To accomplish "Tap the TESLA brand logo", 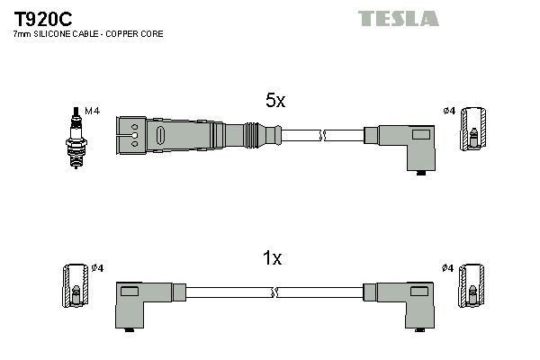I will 398,18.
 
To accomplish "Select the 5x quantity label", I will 275,102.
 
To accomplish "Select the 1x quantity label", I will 272,259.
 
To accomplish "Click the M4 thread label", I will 91,111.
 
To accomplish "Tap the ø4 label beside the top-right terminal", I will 449,111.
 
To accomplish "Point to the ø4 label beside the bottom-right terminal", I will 449,268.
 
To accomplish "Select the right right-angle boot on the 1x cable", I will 403,302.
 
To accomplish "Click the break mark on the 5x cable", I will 323,135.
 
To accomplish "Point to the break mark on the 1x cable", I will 274,292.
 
